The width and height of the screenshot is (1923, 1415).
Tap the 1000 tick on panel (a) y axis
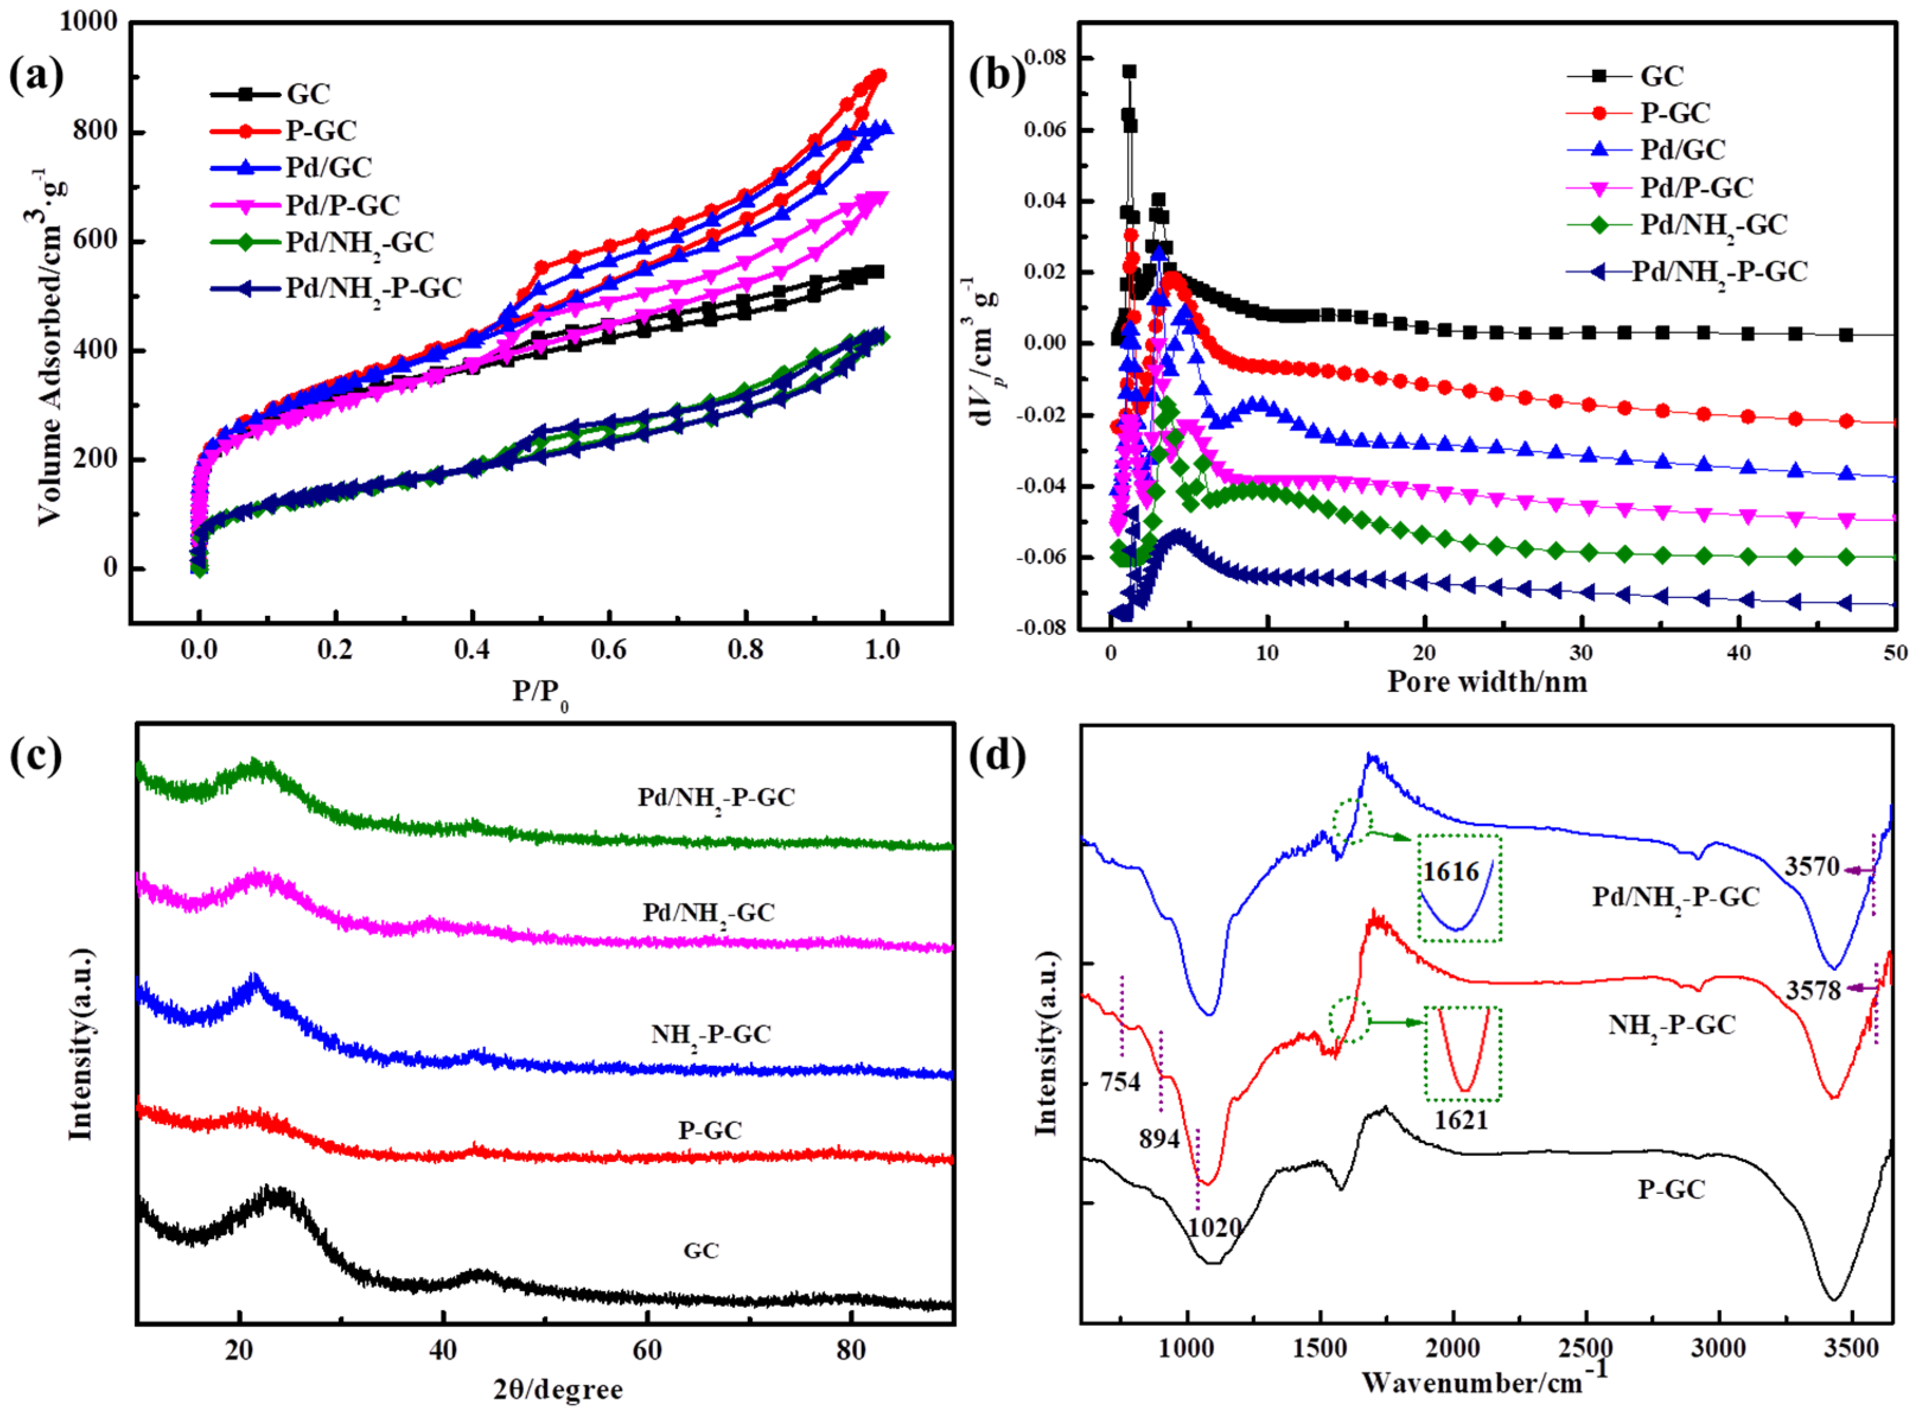[88, 21]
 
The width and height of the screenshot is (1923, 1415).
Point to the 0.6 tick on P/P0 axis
[608, 649]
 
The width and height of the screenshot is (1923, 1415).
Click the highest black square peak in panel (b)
[1129, 72]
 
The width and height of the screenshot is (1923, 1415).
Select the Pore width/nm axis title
[1487, 682]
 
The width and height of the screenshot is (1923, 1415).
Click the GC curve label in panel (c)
[701, 1251]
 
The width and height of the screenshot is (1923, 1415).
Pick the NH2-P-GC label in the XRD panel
[710, 1034]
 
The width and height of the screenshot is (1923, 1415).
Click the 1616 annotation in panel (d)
[1451, 872]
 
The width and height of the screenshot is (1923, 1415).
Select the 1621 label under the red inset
[1461, 1120]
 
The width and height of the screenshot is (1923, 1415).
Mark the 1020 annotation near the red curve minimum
[1214, 1228]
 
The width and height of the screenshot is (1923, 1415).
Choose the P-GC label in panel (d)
[1671, 1189]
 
